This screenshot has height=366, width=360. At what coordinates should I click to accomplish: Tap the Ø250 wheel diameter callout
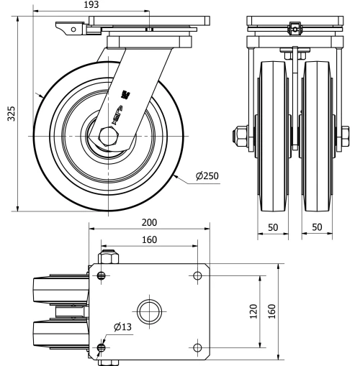click(207, 175)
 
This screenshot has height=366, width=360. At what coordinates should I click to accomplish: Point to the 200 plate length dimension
click(150, 224)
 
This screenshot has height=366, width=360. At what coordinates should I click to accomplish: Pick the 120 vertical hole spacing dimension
click(253, 311)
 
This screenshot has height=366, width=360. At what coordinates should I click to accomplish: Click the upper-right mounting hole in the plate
click(197, 275)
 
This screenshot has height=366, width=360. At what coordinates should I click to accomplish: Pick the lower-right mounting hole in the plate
click(197, 348)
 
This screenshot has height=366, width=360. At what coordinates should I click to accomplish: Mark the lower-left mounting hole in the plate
click(101, 349)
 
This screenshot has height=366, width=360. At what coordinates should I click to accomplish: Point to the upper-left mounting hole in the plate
click(101, 275)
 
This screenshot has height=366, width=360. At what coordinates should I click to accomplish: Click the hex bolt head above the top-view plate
click(107, 257)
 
